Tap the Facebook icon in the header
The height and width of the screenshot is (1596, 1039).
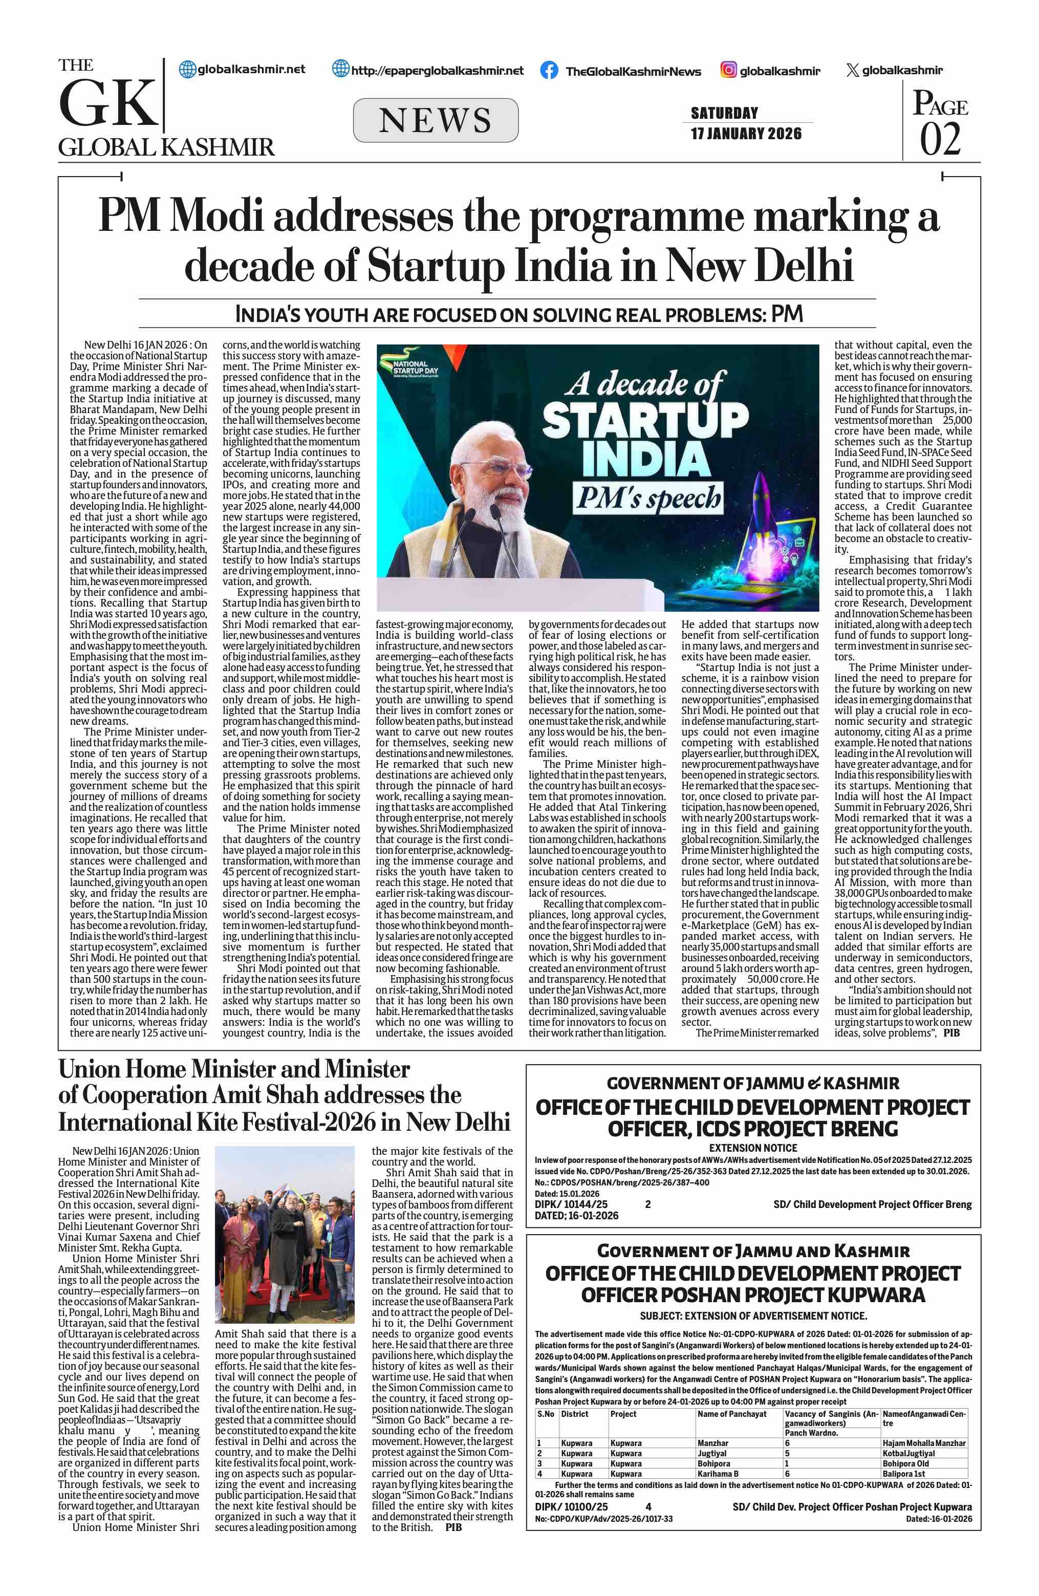click(x=549, y=71)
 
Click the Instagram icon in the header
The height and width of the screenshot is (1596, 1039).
click(x=729, y=70)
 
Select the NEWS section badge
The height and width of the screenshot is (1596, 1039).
click(x=436, y=120)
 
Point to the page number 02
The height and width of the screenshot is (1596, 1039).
click(x=940, y=139)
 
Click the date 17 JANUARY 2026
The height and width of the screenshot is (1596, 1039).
click(x=746, y=134)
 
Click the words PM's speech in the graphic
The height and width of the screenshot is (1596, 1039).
click(x=647, y=498)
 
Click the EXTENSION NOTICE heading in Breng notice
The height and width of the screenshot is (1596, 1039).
click(x=753, y=1148)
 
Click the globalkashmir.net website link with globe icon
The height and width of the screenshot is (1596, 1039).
click(x=243, y=69)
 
